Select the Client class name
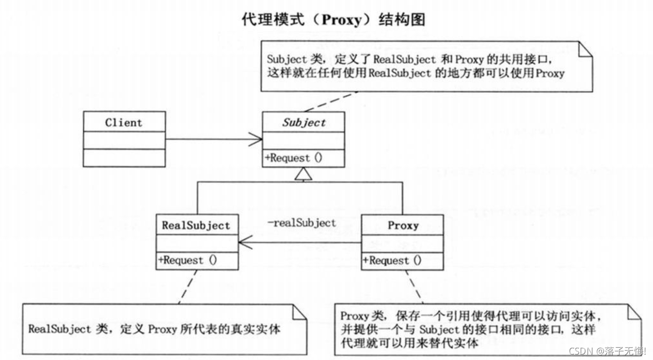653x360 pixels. [x=124, y=123]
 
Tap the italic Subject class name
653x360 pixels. [x=304, y=123]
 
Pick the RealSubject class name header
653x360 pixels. [x=196, y=226]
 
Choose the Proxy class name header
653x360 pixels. [x=403, y=226]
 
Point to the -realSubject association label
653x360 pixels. [x=301, y=223]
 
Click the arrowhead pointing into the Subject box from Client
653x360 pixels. [x=256, y=139]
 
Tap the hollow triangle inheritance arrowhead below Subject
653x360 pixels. [x=304, y=174]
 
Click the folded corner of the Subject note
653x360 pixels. [x=586, y=48]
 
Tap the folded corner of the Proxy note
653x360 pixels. [x=634, y=311]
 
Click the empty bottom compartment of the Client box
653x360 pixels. [x=124, y=157]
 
